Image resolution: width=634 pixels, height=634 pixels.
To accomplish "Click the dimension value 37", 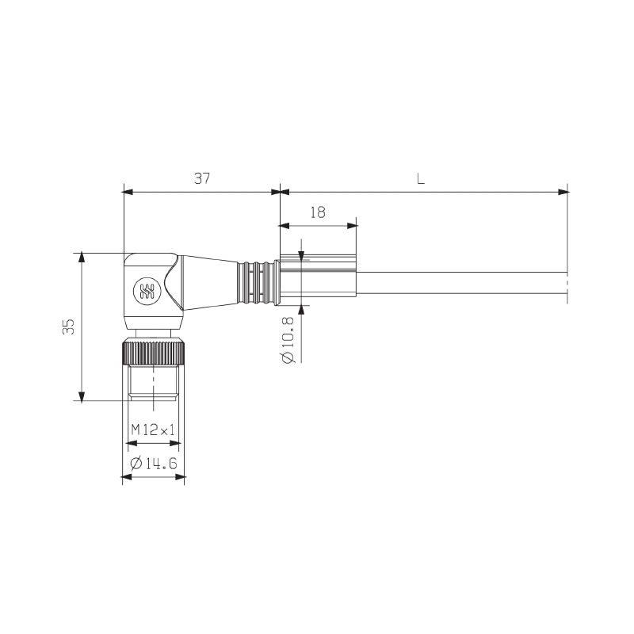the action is pyautogui.click(x=202, y=178).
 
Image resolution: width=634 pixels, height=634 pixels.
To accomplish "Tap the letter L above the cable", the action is pyautogui.click(x=421, y=178).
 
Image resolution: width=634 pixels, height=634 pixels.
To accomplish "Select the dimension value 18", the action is pyautogui.click(x=318, y=212).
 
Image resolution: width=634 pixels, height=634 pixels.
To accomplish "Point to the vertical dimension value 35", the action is pyautogui.click(x=69, y=327).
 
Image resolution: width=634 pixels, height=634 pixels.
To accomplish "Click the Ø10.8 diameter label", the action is pyautogui.click(x=288, y=340).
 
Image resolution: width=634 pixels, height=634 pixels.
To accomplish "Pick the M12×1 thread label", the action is pyautogui.click(x=153, y=430).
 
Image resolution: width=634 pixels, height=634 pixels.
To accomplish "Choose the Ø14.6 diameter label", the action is pyautogui.click(x=154, y=464).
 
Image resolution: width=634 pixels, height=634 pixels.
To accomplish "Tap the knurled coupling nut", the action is pyautogui.click(x=154, y=353).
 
